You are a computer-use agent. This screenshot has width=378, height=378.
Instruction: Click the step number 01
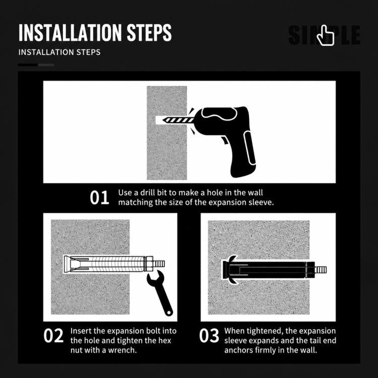99,198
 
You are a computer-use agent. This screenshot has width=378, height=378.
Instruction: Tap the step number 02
53,336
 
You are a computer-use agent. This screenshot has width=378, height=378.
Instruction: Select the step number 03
209,336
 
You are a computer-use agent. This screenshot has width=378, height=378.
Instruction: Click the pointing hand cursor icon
326,35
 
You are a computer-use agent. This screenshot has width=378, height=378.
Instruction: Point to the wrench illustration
160,292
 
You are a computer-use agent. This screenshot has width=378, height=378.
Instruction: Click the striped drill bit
178,120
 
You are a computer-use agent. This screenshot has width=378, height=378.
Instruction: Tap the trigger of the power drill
225,140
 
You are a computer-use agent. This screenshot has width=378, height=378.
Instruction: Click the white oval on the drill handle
249,148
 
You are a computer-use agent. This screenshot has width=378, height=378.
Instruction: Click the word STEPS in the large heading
149,33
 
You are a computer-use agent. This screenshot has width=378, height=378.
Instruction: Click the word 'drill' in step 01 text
147,193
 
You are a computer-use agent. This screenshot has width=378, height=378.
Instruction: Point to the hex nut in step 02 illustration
149,264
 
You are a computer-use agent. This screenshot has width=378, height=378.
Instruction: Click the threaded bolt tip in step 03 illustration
321,270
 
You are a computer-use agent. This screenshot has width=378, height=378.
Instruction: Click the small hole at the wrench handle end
169,312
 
